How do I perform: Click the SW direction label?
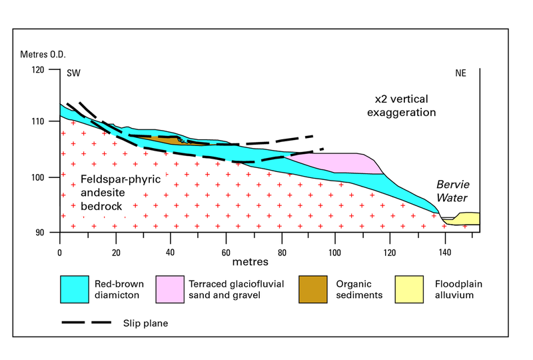click(x=73, y=74)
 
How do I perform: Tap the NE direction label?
click(x=460, y=74)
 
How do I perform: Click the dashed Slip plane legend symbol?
click(x=86, y=323)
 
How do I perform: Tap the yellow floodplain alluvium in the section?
click(x=466, y=219)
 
